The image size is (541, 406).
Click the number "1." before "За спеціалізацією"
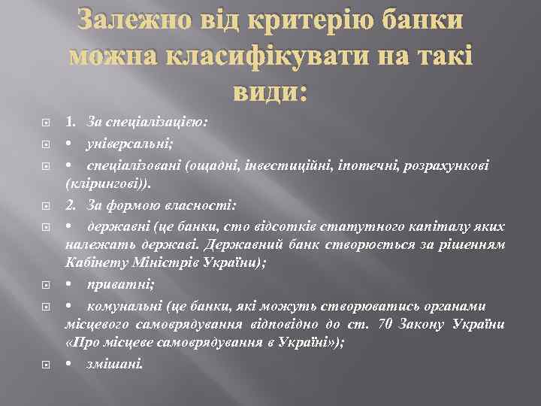(71, 120)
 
